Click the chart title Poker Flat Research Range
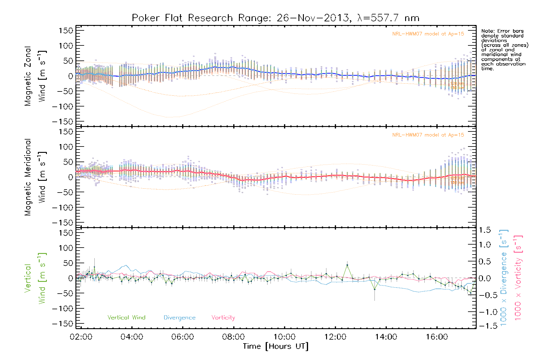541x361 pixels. [275, 18]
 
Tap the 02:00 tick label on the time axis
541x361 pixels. [81, 337]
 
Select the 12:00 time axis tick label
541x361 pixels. [335, 337]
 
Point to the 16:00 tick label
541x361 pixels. [437, 337]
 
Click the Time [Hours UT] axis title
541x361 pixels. [275, 346]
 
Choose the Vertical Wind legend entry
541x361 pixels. [126, 318]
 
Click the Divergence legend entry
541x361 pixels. [179, 318]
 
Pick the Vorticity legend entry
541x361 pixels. [223, 318]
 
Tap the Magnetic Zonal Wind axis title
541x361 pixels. [35, 76]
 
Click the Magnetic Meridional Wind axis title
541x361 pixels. [35, 177]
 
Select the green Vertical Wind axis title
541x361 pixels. [35, 278]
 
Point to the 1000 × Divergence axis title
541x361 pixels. [504, 278]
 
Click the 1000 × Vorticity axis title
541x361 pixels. [518, 278]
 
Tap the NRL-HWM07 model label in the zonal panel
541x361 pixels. [428, 34]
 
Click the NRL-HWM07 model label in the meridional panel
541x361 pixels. [428, 135]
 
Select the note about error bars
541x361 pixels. [504, 50]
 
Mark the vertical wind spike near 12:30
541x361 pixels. [347, 265]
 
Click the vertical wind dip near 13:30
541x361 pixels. [374, 289]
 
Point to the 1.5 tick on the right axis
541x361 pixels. [484, 230]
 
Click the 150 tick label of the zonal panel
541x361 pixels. [66, 30]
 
